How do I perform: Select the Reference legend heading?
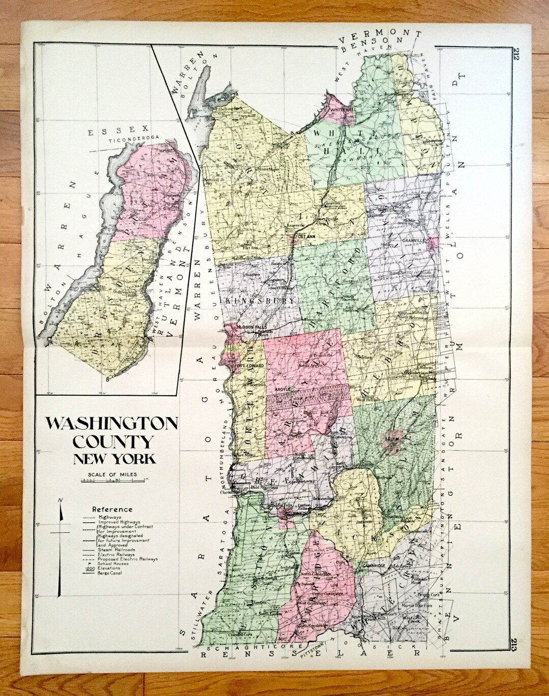coord(112,509)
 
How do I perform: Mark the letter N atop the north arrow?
coord(60,501)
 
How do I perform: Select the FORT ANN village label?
coord(304,235)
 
